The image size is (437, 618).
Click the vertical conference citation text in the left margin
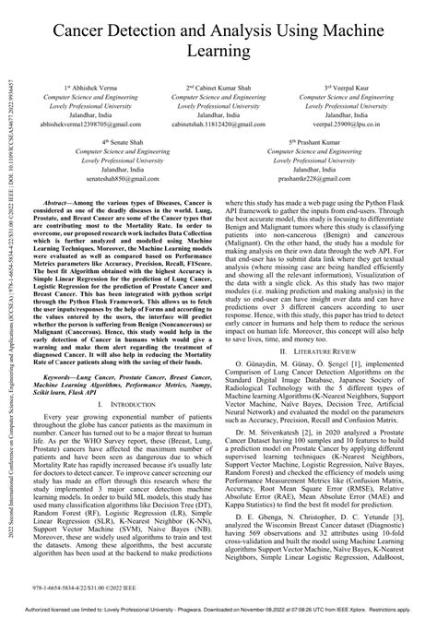[7, 304]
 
